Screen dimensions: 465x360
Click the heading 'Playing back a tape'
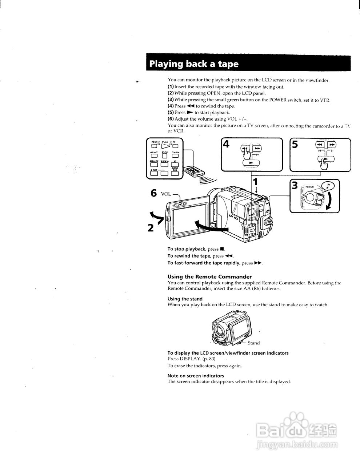click(x=194, y=64)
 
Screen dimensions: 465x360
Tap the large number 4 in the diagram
click(x=226, y=144)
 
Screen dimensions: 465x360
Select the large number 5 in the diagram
click(x=295, y=145)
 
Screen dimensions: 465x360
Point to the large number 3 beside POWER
click(x=295, y=185)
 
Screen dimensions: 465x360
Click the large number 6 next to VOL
click(x=154, y=193)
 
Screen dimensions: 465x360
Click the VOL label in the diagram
click(x=166, y=194)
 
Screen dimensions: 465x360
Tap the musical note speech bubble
click(x=329, y=186)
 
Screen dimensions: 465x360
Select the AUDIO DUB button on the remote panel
click(x=175, y=173)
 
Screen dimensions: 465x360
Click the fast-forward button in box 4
click(x=257, y=149)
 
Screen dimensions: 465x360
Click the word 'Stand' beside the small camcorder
click(x=253, y=343)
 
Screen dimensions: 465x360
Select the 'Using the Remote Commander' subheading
click(x=209, y=276)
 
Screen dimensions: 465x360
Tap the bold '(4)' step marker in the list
click(x=171, y=106)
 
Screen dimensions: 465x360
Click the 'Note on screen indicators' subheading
click(x=196, y=376)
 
